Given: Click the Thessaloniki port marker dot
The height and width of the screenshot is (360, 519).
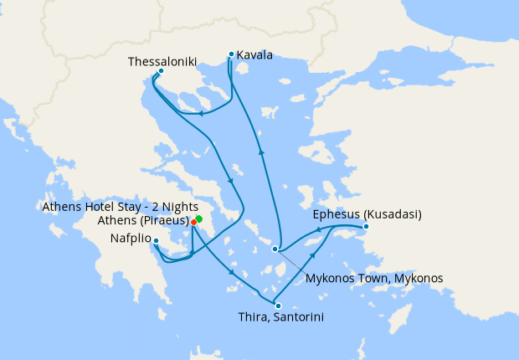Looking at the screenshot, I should tap(161, 71).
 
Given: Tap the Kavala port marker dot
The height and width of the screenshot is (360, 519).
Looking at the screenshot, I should tap(231, 54).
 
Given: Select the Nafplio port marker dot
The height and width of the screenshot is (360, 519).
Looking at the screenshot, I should tap(157, 241).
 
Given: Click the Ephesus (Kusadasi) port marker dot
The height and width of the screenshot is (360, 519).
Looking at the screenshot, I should tap(366, 227).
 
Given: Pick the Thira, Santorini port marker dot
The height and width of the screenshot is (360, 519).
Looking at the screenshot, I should tap(278, 306).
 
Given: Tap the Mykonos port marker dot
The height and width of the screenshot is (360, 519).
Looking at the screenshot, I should tap(275, 249).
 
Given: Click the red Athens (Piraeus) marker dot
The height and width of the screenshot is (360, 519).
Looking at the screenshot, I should tap(193, 222).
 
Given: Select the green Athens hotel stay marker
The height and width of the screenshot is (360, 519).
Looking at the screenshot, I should tap(199, 219).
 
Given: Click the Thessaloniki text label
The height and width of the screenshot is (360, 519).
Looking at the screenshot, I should tap(162, 61).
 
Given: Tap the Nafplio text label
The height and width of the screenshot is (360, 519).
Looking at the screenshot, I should tap(131, 238).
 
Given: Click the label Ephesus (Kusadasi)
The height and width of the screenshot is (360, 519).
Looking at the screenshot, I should tap(367, 214).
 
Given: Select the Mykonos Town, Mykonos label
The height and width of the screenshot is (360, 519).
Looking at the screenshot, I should tap(374, 278).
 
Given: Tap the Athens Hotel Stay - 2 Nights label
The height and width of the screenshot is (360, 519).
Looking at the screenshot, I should tap(120, 206).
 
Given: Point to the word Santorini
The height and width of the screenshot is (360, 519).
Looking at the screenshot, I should tap(296, 318).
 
